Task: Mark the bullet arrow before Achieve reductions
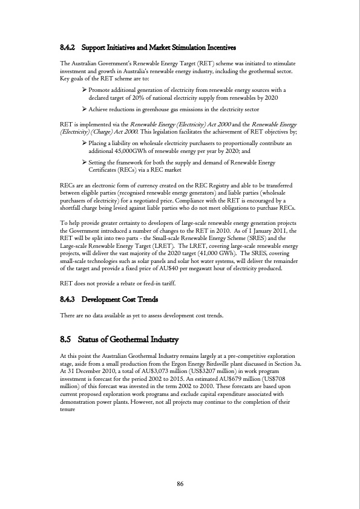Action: [x=84, y=109]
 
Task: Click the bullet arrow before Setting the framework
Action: [x=84, y=163]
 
